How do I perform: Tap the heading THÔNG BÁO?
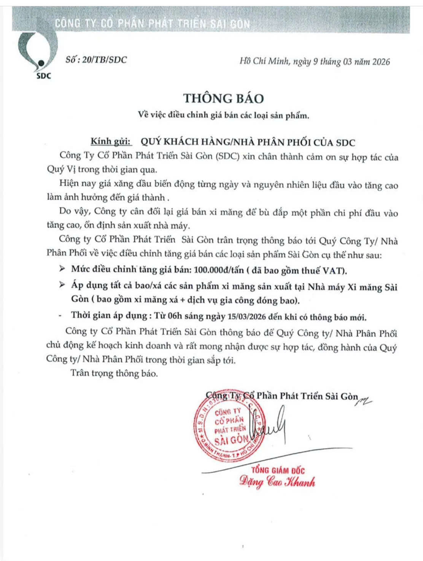pyautogui.click(x=224, y=98)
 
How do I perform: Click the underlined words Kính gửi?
pyautogui.click(x=111, y=142)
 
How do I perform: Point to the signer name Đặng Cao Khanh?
pyautogui.click(x=277, y=482)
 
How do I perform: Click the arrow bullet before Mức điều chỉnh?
pyautogui.click(x=62, y=269)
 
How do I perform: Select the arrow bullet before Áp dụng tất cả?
pyautogui.click(x=62, y=285)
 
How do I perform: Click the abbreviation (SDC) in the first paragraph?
pyautogui.click(x=227, y=156)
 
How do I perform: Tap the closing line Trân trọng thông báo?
pyautogui.click(x=114, y=373)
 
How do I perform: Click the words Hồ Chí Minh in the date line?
pyautogui.click(x=264, y=61)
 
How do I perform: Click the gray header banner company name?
pyautogui.click(x=153, y=23)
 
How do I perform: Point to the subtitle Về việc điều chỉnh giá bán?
pyautogui.click(x=224, y=116)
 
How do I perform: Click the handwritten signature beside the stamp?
pyautogui.click(x=275, y=424)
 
